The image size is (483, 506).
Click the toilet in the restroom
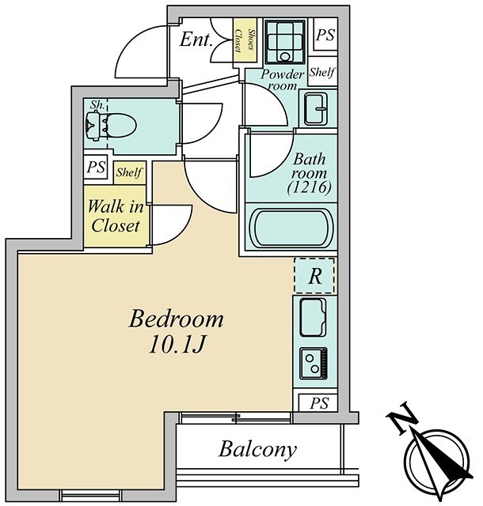[111, 125]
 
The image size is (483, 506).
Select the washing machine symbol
[285, 42]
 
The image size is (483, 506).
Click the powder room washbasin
[316, 109]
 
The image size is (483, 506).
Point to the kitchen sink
[313, 318]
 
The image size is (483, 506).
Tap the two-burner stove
[314, 363]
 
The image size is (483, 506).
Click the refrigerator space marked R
[314, 276]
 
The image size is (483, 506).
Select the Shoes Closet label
[245, 40]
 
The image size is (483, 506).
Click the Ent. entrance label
[196, 40]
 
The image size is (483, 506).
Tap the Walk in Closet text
[116, 216]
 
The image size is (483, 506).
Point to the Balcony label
[257, 449]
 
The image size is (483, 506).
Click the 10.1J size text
[177, 346]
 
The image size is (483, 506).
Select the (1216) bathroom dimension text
[310, 187]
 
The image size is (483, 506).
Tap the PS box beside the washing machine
[325, 35]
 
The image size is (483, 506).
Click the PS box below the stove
[318, 403]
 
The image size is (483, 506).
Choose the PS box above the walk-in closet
[96, 168]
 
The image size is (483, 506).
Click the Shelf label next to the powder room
[322, 72]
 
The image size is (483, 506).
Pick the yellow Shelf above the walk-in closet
[129, 172]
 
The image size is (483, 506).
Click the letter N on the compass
[402, 418]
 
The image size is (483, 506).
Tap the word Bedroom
[177, 319]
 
